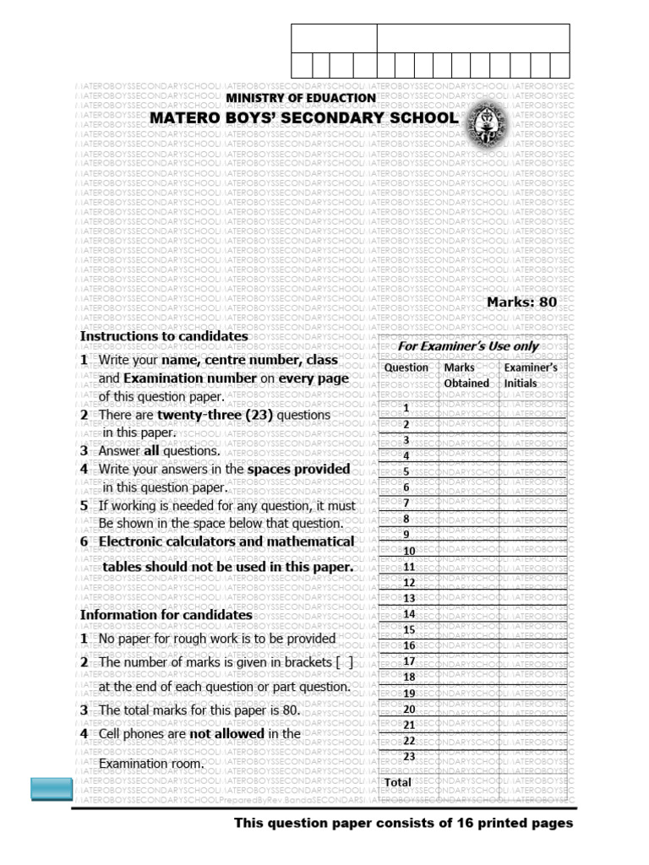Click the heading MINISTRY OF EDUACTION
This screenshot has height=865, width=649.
300,98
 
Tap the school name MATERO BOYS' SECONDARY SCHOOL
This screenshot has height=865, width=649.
303,118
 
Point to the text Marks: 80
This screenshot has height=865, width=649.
521,302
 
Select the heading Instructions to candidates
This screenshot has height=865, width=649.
164,336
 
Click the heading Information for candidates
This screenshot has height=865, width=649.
166,615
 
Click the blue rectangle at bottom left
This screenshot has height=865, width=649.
51,789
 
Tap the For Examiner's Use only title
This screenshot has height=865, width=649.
468,346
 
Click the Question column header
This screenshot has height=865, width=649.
406,367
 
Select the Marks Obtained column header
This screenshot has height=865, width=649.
466,375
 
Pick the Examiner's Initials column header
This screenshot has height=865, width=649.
530,375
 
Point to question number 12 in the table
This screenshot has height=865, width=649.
409,583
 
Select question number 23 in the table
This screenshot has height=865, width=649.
409,756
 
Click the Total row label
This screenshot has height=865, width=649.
398,782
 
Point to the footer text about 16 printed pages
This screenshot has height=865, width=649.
403,823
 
